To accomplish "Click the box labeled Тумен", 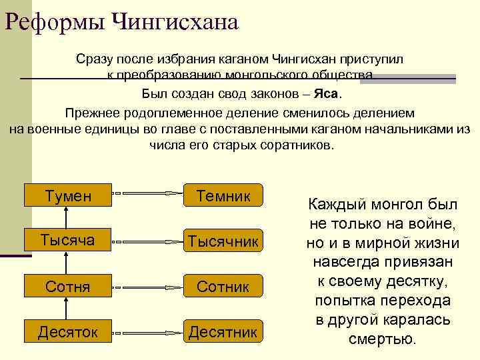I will tap(67, 195).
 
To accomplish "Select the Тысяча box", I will tap(67, 239).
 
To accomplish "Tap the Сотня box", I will tap(67, 286).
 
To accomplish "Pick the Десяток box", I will tap(67, 331).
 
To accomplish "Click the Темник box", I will tap(223, 195).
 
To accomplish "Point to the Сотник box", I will tap(223, 287).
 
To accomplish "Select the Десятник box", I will tap(223, 331).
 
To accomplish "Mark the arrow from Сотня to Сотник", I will tap(147, 287).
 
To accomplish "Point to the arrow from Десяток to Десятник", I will tap(147, 331).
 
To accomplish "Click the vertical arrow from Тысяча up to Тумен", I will tap(66, 217).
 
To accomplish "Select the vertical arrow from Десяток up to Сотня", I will tap(66, 308).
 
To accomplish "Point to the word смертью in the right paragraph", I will tap(382, 338).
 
